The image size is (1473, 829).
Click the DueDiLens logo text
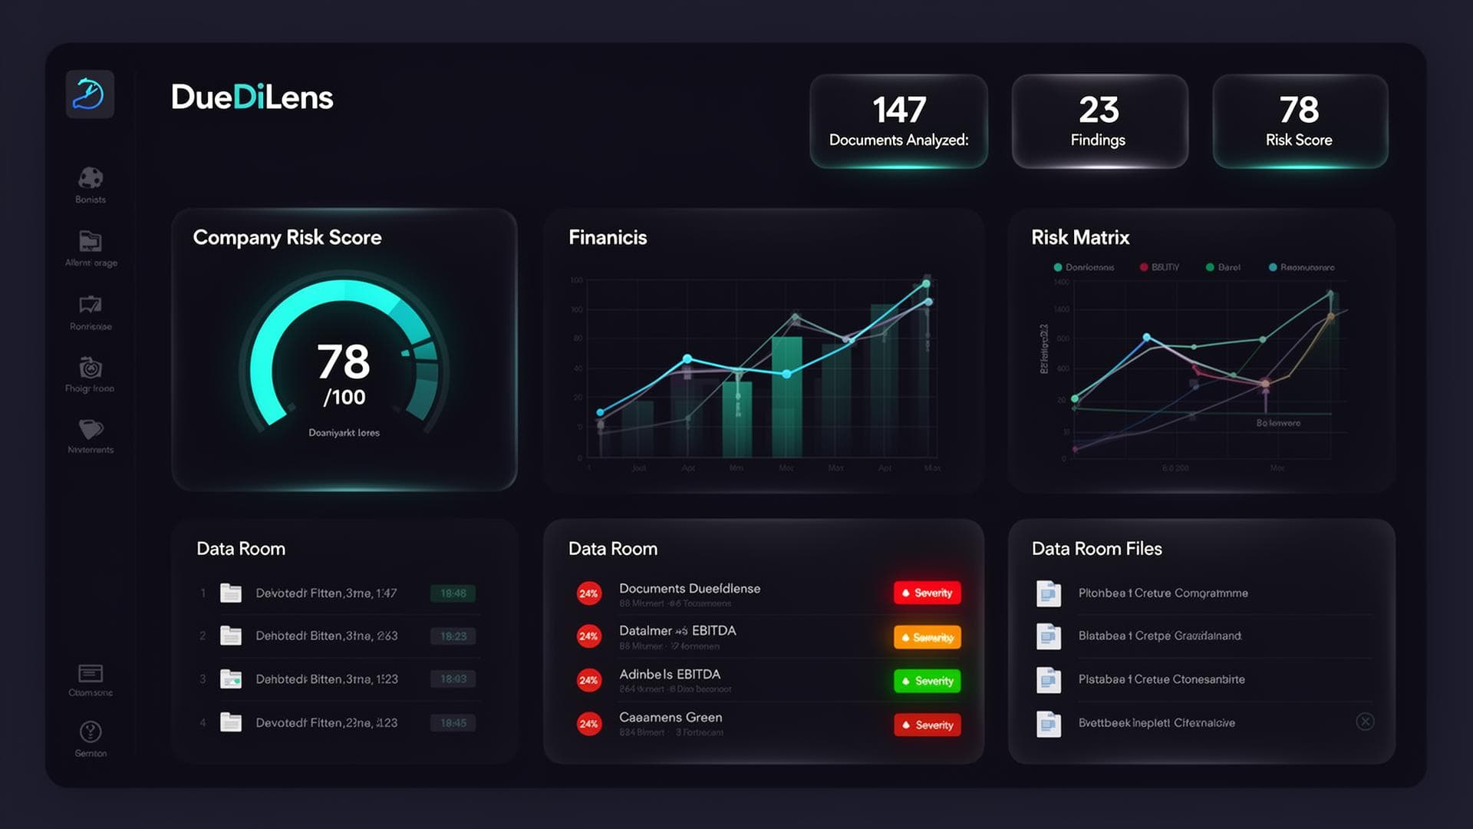pyautogui.click(x=252, y=97)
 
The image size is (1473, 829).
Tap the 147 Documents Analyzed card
pyautogui.click(x=898, y=121)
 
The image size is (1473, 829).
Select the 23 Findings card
pyautogui.click(x=1099, y=121)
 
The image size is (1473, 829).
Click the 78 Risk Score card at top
pyautogui.click(x=1299, y=121)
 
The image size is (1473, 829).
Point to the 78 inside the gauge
pyautogui.click(x=344, y=362)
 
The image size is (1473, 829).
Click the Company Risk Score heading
pyautogui.click(x=287, y=238)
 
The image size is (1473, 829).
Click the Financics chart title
pyautogui.click(x=608, y=238)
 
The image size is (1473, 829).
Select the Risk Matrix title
pyautogui.click(x=1079, y=238)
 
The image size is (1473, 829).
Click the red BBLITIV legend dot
pyautogui.click(x=1144, y=267)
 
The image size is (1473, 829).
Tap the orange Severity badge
pyautogui.click(x=927, y=637)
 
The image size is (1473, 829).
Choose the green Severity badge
pyautogui.click(x=927, y=681)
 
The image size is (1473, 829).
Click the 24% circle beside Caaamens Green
pyautogui.click(x=588, y=724)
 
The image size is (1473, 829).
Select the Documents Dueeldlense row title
pyautogui.click(x=689, y=589)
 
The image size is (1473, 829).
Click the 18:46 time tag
pyautogui.click(x=453, y=593)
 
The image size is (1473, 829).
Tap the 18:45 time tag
pyautogui.click(x=453, y=723)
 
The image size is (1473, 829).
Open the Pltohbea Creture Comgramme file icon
pyautogui.click(x=1048, y=593)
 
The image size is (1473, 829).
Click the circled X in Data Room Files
pyautogui.click(x=1365, y=722)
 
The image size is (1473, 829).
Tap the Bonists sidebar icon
pyautogui.click(x=91, y=178)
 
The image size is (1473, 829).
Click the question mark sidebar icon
pyautogui.click(x=91, y=732)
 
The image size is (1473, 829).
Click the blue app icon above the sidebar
pyautogui.click(x=90, y=94)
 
